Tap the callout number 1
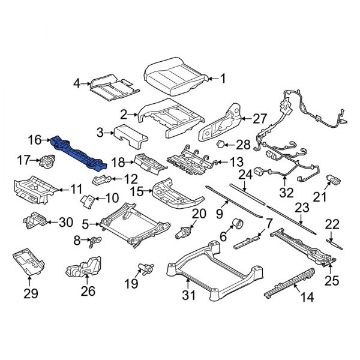click(x=223, y=77)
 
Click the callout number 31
click(x=190, y=295)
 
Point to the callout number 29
click(x=30, y=293)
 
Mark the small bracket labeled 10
click(x=88, y=199)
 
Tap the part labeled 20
click(x=184, y=233)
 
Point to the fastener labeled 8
click(x=95, y=241)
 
